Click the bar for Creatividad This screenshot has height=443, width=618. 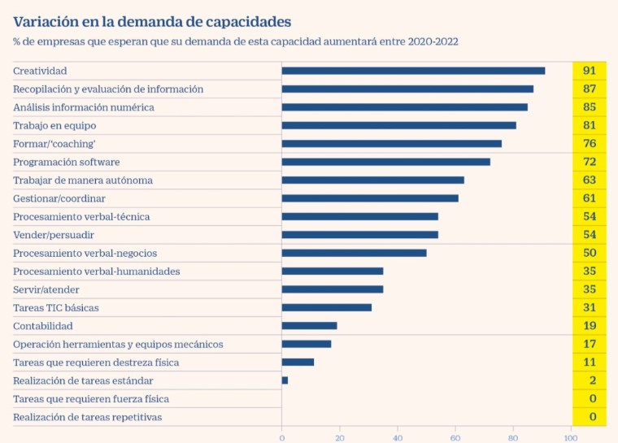(x=413, y=71)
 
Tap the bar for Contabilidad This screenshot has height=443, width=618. (x=309, y=326)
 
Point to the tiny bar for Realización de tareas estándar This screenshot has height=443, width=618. (x=285, y=380)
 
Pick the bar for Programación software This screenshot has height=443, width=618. (x=385, y=162)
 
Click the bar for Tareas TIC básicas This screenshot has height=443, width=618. (x=326, y=307)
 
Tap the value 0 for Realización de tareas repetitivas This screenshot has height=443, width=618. (x=593, y=417)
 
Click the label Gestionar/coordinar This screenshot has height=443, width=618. (x=59, y=198)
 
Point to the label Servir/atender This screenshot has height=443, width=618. (x=46, y=289)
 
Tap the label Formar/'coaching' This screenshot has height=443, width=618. (x=54, y=144)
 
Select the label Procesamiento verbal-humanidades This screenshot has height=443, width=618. (x=97, y=271)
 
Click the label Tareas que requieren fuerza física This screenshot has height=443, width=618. (x=91, y=399)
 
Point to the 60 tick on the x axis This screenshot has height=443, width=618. (x=455, y=437)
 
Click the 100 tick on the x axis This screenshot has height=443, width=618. (x=571, y=437)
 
